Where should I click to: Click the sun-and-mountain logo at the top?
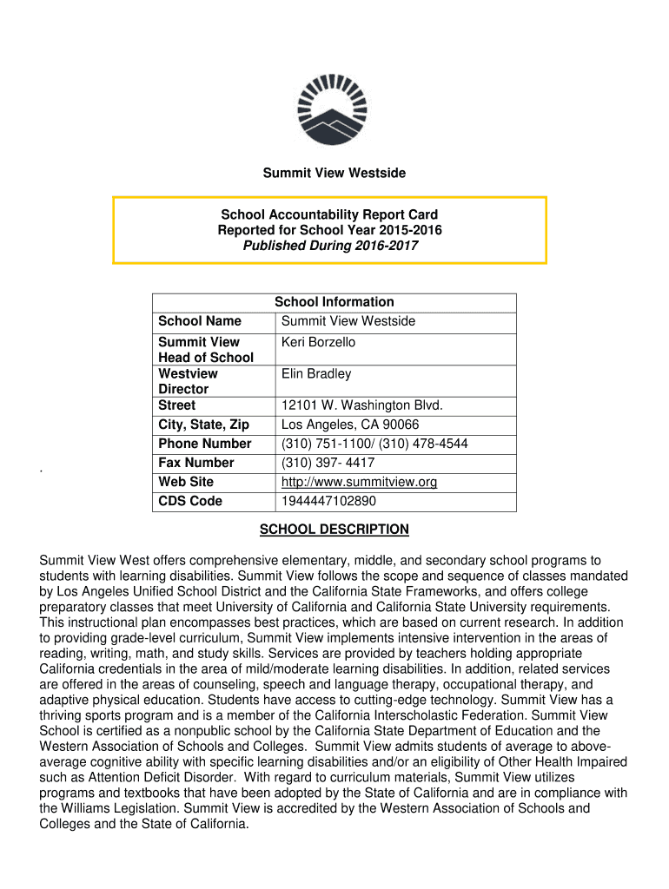[x=334, y=109]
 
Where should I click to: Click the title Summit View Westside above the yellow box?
[x=334, y=174]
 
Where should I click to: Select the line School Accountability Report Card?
[x=329, y=214]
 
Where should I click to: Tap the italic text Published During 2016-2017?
[x=329, y=246]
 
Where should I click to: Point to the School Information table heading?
[x=334, y=302]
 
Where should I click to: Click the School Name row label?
[x=200, y=321]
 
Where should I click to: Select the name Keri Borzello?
[x=318, y=342]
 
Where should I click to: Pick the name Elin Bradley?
[x=316, y=374]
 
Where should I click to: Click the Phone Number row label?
[x=205, y=444]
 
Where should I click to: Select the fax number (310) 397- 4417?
[x=328, y=463]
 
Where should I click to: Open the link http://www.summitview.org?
[x=360, y=482]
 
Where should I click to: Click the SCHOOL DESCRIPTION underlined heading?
[x=334, y=530]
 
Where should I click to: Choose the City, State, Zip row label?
[x=203, y=425]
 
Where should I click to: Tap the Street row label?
[x=177, y=405]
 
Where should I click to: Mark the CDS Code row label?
[x=190, y=501]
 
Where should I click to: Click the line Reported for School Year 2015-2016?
[x=329, y=230]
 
